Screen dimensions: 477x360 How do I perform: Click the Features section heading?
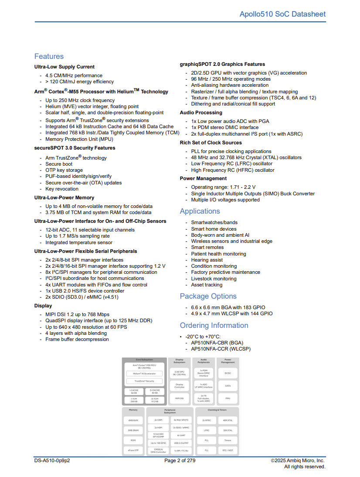click(49, 56)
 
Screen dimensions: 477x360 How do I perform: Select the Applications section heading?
click(200, 211)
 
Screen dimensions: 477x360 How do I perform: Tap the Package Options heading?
click(208, 296)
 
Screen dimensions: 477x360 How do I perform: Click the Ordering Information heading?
click(214, 325)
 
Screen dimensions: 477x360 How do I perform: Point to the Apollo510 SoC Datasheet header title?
click(282, 14)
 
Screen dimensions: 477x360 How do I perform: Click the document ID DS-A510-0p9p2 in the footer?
click(52, 460)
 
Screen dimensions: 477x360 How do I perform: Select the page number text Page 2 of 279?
click(180, 460)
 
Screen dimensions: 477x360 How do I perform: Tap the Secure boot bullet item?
click(59, 164)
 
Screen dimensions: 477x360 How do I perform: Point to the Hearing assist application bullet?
click(207, 260)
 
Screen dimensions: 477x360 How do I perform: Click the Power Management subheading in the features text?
click(203, 178)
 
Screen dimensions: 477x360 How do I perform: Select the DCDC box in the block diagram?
click(228, 373)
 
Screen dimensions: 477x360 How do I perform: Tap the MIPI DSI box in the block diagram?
click(179, 398)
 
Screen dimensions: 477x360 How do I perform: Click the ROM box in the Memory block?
click(133, 440)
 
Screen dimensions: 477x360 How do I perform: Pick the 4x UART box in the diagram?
click(181, 435)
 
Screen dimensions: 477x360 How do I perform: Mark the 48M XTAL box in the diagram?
click(228, 420)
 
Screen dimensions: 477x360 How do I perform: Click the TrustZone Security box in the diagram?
click(144, 381)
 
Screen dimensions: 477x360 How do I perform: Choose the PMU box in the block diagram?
click(228, 398)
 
